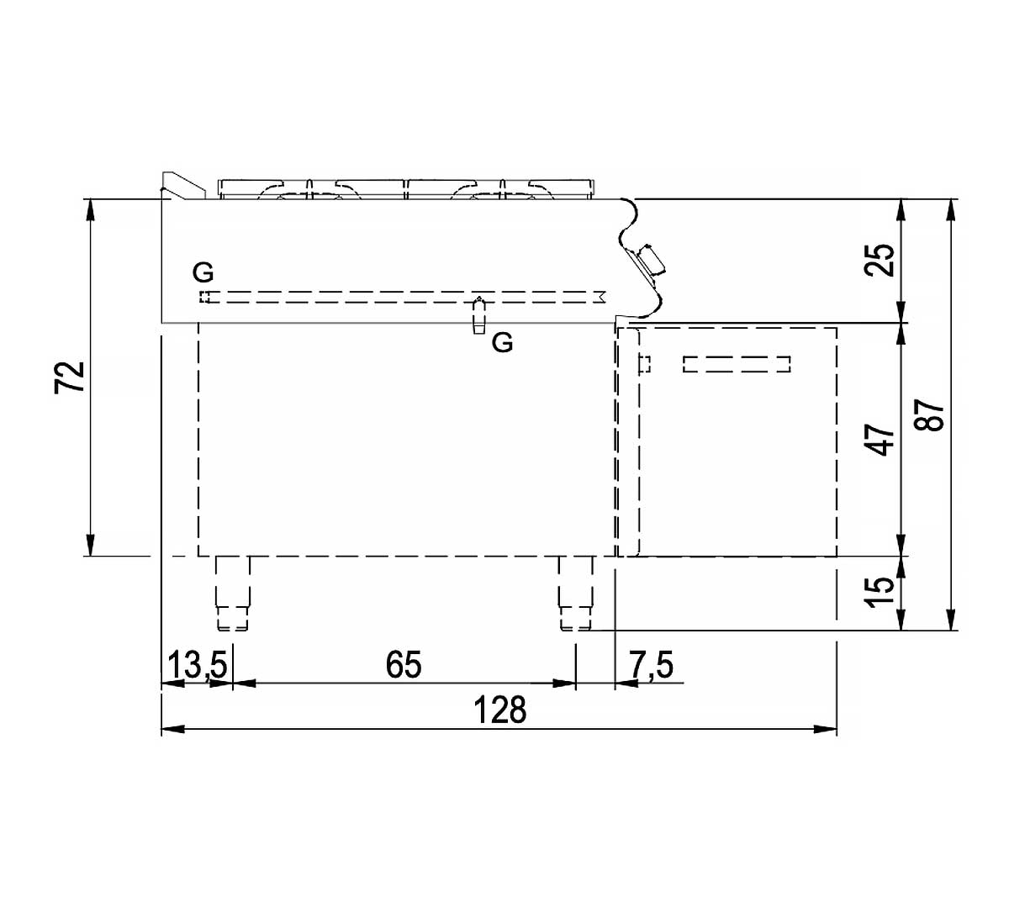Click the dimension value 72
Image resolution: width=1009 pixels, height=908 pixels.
pyautogui.click(x=70, y=377)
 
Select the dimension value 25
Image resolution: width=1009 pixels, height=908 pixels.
pyautogui.click(x=880, y=260)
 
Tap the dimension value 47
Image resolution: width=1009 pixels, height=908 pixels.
pyautogui.click(x=880, y=440)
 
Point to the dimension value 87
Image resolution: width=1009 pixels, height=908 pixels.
pyautogui.click(x=929, y=415)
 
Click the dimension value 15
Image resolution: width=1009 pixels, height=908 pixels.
pyautogui.click(x=880, y=592)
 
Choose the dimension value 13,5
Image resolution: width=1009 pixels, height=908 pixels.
pyautogui.click(x=197, y=664)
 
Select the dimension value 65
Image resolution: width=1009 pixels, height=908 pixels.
pyautogui.click(x=404, y=664)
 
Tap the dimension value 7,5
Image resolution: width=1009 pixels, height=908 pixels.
pyautogui.click(x=652, y=664)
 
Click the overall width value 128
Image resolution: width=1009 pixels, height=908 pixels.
pyautogui.click(x=500, y=710)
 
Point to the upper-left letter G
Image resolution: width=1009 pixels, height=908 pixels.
pyautogui.click(x=203, y=272)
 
